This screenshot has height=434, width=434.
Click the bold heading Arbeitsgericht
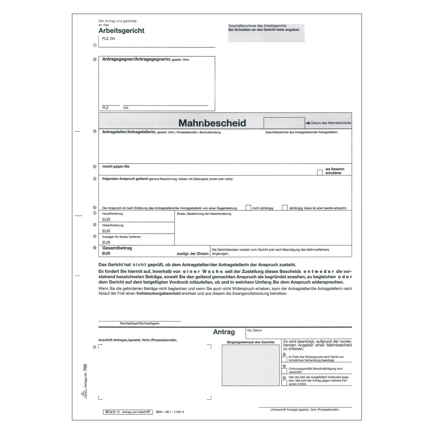[x=121, y=31]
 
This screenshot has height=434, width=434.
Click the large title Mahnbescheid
[x=212, y=123]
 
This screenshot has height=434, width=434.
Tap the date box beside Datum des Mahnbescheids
[x=284, y=123]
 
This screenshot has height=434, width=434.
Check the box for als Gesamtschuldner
[x=320, y=173]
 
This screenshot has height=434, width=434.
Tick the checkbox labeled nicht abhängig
[x=248, y=208]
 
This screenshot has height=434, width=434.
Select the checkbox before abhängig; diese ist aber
[x=285, y=208]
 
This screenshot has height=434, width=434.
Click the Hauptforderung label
[x=112, y=214]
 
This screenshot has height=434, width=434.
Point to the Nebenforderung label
[x=113, y=225]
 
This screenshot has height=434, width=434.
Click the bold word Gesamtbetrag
[x=117, y=248]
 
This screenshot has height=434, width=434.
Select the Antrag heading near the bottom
[x=224, y=332]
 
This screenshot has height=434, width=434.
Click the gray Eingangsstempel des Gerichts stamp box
[x=250, y=365]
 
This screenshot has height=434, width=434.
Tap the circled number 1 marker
[x=95, y=45]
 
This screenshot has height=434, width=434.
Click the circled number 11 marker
[x=94, y=347]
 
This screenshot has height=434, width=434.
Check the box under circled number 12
[x=284, y=359]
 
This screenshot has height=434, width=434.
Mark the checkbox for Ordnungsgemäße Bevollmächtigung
[x=284, y=371]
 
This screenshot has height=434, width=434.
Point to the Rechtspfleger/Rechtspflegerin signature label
[x=139, y=324]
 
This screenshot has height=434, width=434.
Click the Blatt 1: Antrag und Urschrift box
[x=127, y=412]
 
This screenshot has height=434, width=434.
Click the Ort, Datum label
[x=254, y=330]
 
